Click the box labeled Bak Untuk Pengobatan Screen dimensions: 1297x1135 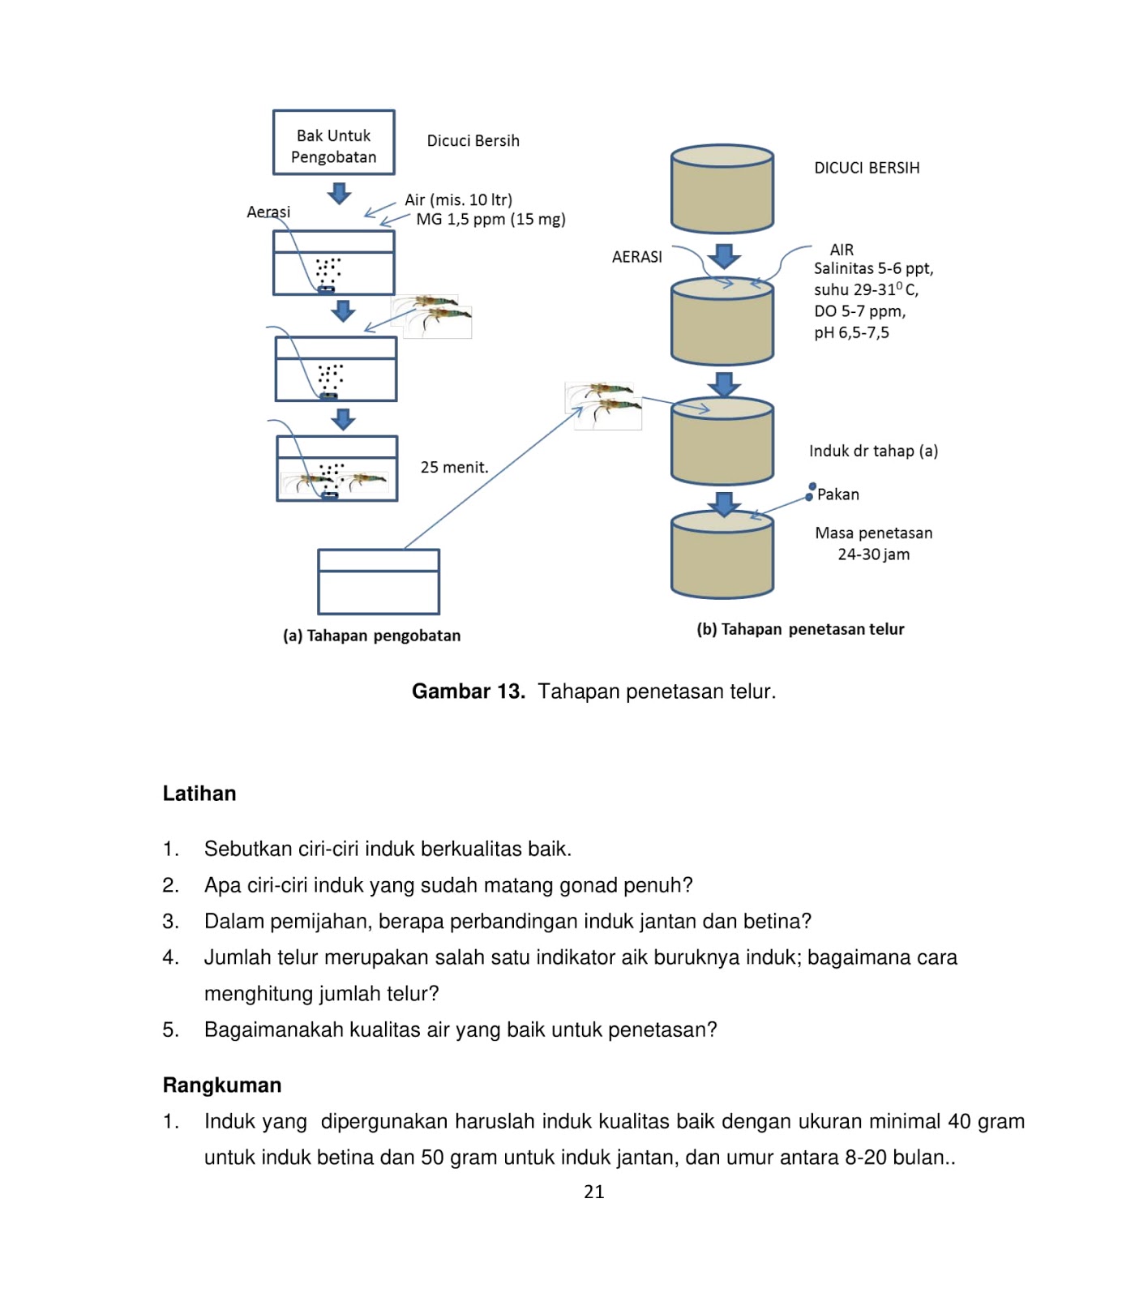point(333,143)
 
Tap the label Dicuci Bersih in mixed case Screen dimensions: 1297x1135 point(473,141)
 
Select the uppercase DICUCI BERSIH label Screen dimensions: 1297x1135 point(867,168)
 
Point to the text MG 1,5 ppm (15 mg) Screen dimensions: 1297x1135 point(490,220)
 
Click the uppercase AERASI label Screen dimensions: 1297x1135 point(636,257)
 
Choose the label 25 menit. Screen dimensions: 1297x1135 point(454,468)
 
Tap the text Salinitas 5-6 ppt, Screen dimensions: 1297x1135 point(873,269)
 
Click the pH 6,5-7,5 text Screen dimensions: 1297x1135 point(851,333)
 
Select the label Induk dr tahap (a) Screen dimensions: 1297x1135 point(873,452)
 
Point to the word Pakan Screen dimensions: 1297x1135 point(837,494)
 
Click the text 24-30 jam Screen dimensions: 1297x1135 point(873,555)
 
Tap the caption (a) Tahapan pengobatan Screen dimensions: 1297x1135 point(371,636)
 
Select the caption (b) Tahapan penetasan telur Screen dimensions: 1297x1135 point(800,630)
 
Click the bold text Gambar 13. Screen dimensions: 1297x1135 point(468,691)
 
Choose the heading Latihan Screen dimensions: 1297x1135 point(199,794)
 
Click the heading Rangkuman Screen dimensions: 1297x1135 point(222,1085)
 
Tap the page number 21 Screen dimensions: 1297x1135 point(593,1192)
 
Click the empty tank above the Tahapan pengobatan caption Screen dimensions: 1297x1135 point(379,582)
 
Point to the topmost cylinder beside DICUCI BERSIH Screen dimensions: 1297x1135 point(722,189)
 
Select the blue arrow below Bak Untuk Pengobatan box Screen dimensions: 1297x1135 point(340,194)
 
